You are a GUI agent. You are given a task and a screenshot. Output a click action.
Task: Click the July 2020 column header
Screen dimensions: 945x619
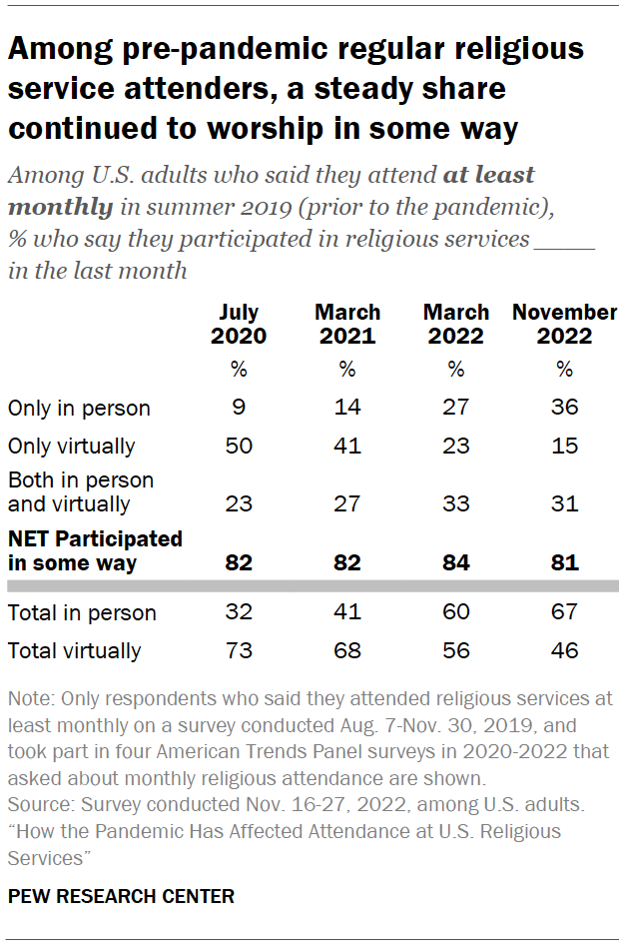(x=239, y=325)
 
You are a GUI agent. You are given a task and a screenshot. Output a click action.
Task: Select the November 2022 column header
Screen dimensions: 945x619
(x=564, y=325)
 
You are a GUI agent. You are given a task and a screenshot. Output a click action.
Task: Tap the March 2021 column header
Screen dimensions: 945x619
(x=346, y=325)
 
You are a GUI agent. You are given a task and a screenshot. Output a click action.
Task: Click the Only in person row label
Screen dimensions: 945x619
(x=79, y=408)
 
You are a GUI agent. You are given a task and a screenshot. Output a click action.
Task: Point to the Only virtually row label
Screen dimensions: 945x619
(x=71, y=446)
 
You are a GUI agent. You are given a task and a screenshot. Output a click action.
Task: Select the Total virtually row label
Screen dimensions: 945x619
(x=74, y=651)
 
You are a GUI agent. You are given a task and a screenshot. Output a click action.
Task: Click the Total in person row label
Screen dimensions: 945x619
(x=82, y=612)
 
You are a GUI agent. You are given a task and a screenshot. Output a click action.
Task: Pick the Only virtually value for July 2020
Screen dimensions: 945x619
(x=239, y=446)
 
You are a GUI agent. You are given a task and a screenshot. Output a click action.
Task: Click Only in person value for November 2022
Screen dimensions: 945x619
(x=564, y=408)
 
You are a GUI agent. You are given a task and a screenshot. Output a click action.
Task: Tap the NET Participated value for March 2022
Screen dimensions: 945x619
(x=456, y=562)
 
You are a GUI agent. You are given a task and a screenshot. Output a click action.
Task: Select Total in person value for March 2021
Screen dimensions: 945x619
(x=346, y=612)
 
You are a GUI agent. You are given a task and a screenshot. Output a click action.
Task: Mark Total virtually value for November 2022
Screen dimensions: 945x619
(x=564, y=651)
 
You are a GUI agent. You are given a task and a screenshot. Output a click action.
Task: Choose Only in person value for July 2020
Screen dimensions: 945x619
(x=239, y=408)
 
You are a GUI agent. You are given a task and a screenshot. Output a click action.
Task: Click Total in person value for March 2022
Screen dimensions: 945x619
(x=456, y=612)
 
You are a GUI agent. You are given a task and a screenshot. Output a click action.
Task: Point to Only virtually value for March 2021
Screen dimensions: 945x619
(x=346, y=446)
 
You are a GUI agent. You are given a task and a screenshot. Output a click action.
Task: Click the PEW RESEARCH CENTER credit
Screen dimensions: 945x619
(x=121, y=897)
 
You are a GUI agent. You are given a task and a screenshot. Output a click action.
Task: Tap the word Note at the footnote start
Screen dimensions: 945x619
(x=27, y=698)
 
